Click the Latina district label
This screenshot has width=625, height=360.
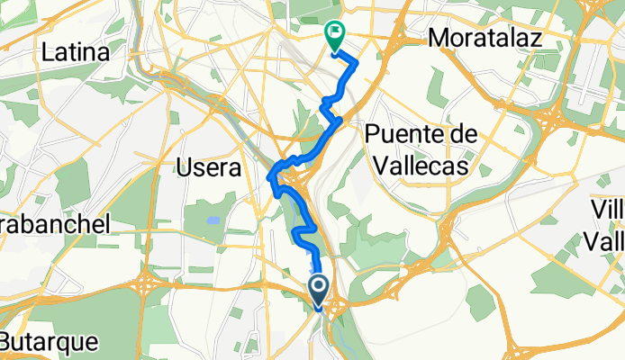coord(76,53)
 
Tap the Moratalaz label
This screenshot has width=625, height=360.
coord(485,38)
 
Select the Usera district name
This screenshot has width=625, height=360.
coord(209,167)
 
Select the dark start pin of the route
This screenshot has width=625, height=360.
coord(320,289)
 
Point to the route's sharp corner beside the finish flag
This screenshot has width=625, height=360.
coord(357,63)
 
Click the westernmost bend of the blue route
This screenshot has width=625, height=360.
coord(269,180)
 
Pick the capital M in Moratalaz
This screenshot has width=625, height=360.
coord(438,38)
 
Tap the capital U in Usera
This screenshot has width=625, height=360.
coord(184,167)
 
